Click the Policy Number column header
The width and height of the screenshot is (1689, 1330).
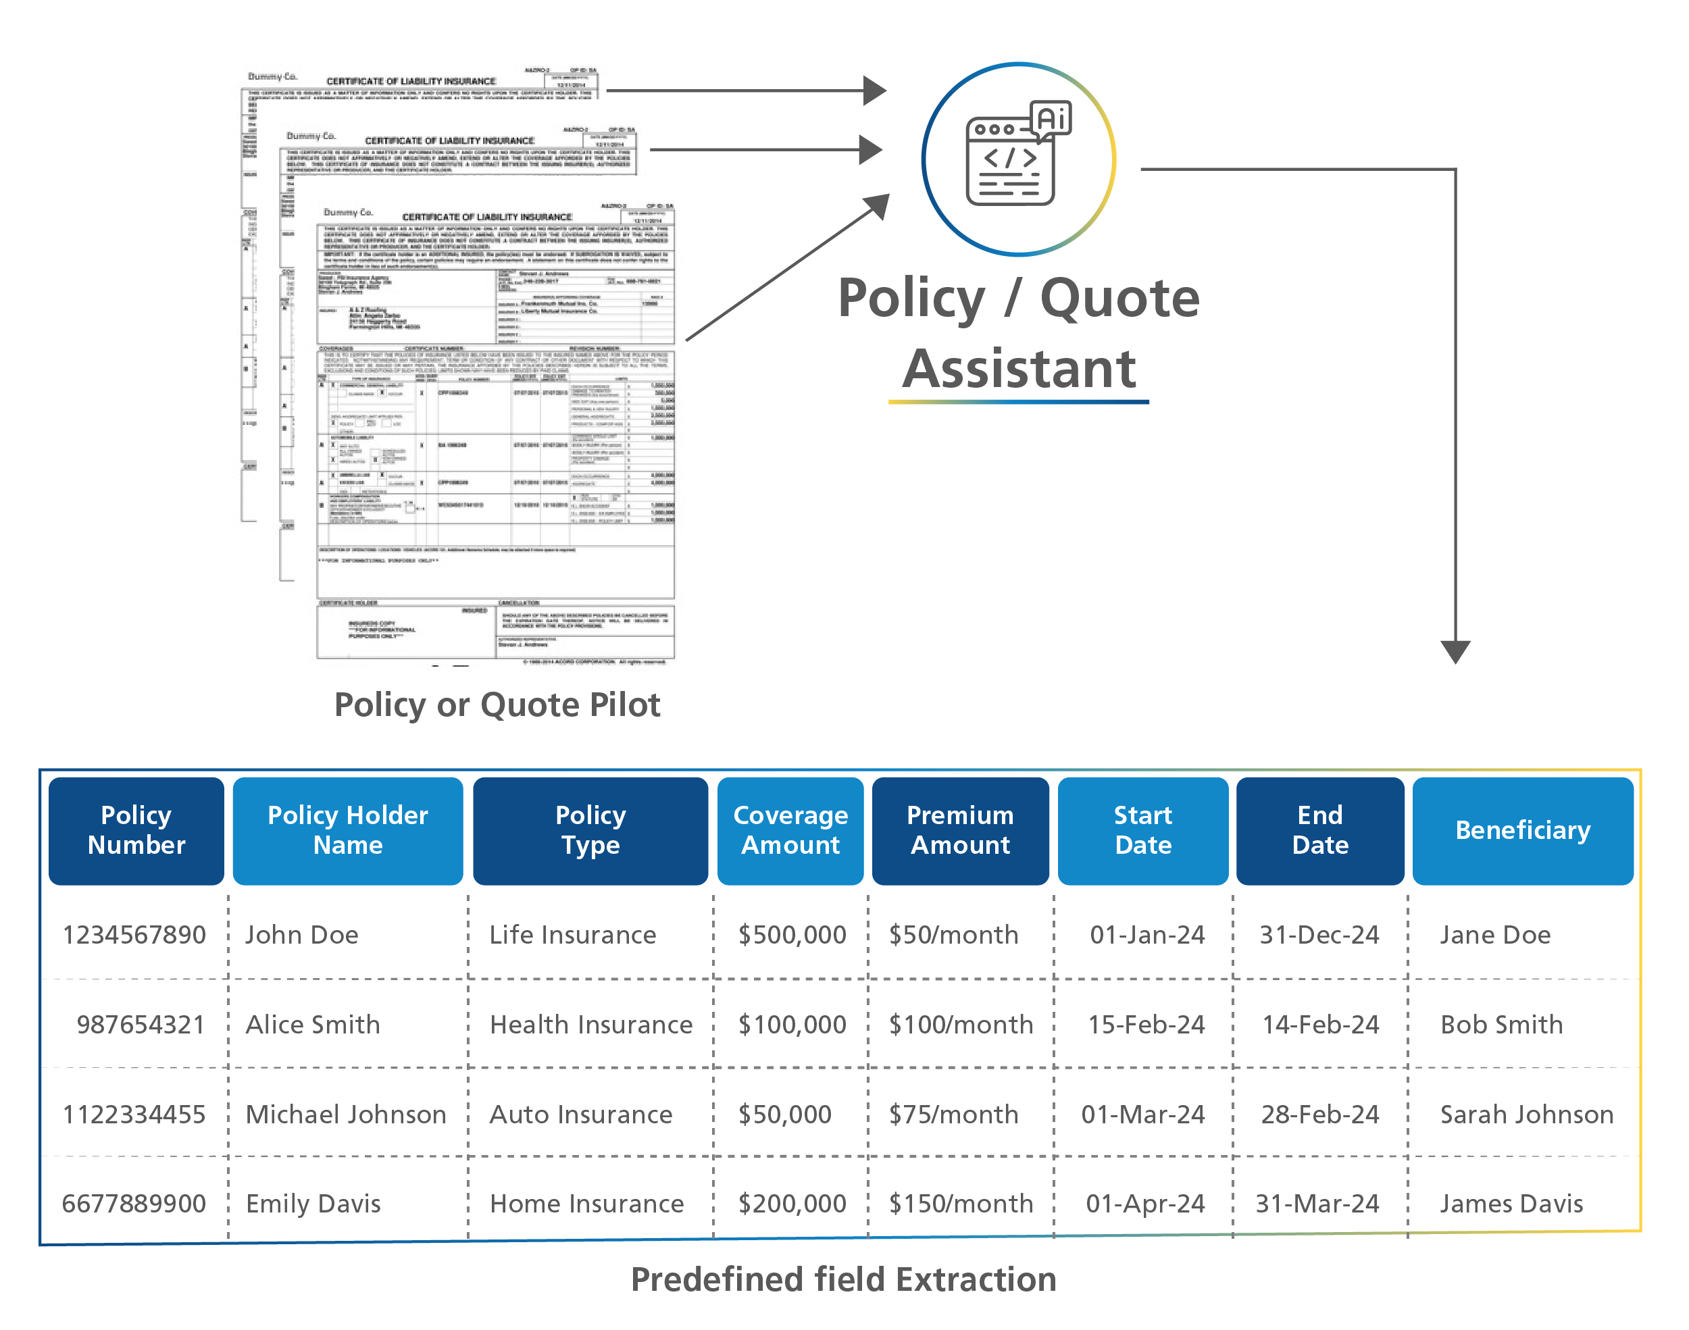pos(136,830)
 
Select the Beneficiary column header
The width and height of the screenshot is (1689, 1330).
pos(1522,830)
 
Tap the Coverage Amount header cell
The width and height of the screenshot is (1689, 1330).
pos(790,830)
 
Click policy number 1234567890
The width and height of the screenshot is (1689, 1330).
pos(134,934)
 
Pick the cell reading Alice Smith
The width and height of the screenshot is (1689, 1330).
pos(313,1024)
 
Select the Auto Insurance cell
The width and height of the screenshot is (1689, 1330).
pos(581,1115)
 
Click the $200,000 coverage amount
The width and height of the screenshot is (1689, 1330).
pos(792,1204)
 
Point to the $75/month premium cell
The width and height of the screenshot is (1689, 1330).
pos(954,1115)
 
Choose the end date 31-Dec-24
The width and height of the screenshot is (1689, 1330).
pos(1320,934)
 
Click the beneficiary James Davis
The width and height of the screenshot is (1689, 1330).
pos(1511,1204)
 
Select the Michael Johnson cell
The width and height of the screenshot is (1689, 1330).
pos(346,1115)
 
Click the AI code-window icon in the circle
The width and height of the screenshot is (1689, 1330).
pos(1016,156)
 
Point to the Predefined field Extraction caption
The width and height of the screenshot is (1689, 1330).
pos(843,1279)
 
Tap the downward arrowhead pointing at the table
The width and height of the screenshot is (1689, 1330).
pos(1455,651)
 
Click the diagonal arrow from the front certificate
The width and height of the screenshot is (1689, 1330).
pos(786,269)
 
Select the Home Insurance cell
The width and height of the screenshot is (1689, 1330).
pos(587,1204)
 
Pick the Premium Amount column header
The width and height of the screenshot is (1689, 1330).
pos(960,830)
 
